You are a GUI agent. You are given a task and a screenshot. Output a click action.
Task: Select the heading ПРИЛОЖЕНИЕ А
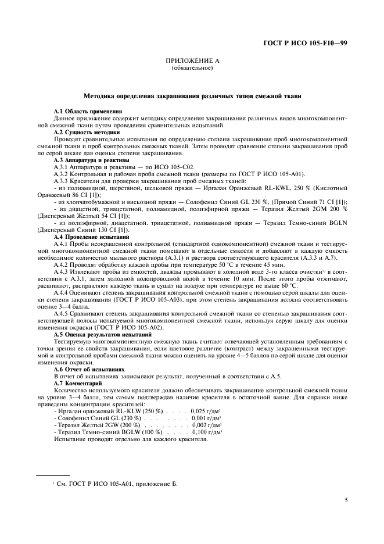click(192, 61)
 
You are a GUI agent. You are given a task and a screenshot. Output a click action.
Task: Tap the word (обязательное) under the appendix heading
click(192, 68)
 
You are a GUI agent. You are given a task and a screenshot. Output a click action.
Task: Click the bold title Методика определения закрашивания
click(192, 95)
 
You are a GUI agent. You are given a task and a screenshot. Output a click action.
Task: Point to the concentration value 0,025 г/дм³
click(207, 410)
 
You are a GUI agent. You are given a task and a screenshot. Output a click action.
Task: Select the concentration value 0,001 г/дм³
click(207, 418)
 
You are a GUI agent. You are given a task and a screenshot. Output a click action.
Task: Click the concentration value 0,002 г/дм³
click(207, 425)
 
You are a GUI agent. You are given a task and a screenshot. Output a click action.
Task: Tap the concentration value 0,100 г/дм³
click(207, 432)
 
